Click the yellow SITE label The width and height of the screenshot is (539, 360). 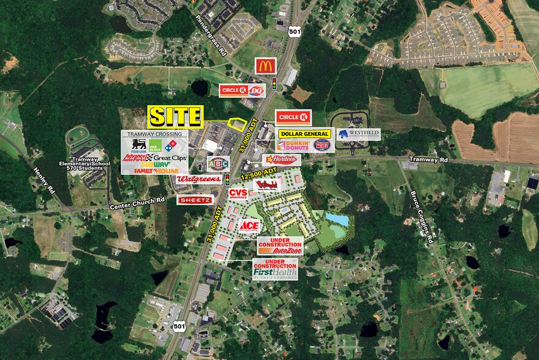pyautogui.click(x=175, y=116)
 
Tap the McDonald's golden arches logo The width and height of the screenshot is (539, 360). pyautogui.click(x=266, y=66)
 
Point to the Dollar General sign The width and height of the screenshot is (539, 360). pyautogui.click(x=304, y=133)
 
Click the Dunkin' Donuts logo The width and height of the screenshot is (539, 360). pyautogui.click(x=290, y=146)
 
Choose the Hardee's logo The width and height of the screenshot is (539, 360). pyautogui.click(x=281, y=159)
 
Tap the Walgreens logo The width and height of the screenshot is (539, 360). pyautogui.click(x=198, y=179)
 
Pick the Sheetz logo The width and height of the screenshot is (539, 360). pyautogui.click(x=195, y=200)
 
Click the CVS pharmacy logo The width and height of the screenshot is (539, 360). pyautogui.click(x=238, y=193)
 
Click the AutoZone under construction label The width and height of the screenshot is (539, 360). pyautogui.click(x=280, y=246)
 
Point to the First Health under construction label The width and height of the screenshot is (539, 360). pyautogui.click(x=275, y=268)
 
